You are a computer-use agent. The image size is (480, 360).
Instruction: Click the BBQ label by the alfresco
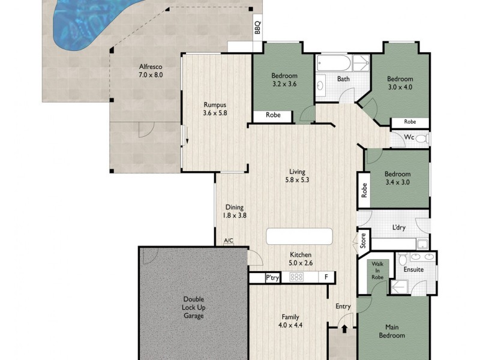pyautogui.click(x=257, y=28)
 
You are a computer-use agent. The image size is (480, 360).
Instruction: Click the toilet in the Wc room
pyautogui.click(x=421, y=139)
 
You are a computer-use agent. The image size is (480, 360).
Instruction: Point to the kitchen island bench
pyautogui.click(x=299, y=236)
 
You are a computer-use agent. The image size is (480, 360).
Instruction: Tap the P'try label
pyautogui.click(x=273, y=277)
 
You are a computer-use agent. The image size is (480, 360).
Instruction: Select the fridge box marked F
pyautogui.click(x=326, y=277)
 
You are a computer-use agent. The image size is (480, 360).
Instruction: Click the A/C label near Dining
pyautogui.click(x=229, y=241)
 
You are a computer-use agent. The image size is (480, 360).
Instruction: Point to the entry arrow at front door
pyautogui.click(x=344, y=329)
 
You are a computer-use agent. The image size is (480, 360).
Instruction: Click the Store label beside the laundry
pyautogui.click(x=362, y=241)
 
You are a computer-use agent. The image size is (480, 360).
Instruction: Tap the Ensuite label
pyautogui.click(x=414, y=269)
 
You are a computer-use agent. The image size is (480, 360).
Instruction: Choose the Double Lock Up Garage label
pyautogui.click(x=194, y=307)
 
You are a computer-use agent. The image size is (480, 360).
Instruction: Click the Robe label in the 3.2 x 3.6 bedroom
pyautogui.click(x=273, y=116)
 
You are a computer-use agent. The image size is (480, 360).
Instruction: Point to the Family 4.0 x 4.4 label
pyautogui.click(x=290, y=321)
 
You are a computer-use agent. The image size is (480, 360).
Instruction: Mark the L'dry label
pyautogui.click(x=399, y=227)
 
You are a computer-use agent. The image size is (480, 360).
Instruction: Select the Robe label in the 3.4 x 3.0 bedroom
pyautogui.click(x=364, y=190)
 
